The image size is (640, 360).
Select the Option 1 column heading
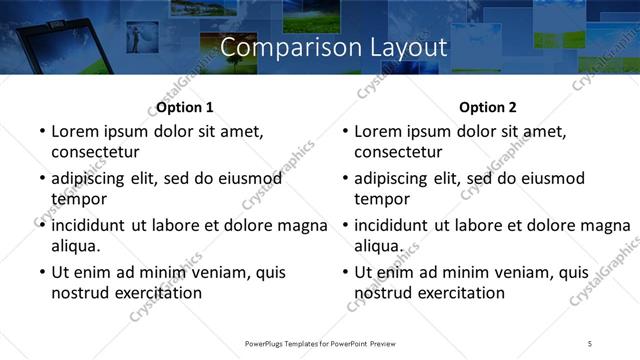point(185,107)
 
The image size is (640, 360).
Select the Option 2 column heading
point(488,107)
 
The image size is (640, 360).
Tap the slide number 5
point(590,343)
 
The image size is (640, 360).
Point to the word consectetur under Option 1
point(95,152)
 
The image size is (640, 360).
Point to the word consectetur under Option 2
point(398,152)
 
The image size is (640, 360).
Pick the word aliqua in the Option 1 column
point(76,246)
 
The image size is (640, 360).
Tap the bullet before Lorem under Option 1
point(40,132)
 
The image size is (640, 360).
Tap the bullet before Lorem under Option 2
point(343,132)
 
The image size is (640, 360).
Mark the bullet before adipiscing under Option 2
point(343,179)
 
